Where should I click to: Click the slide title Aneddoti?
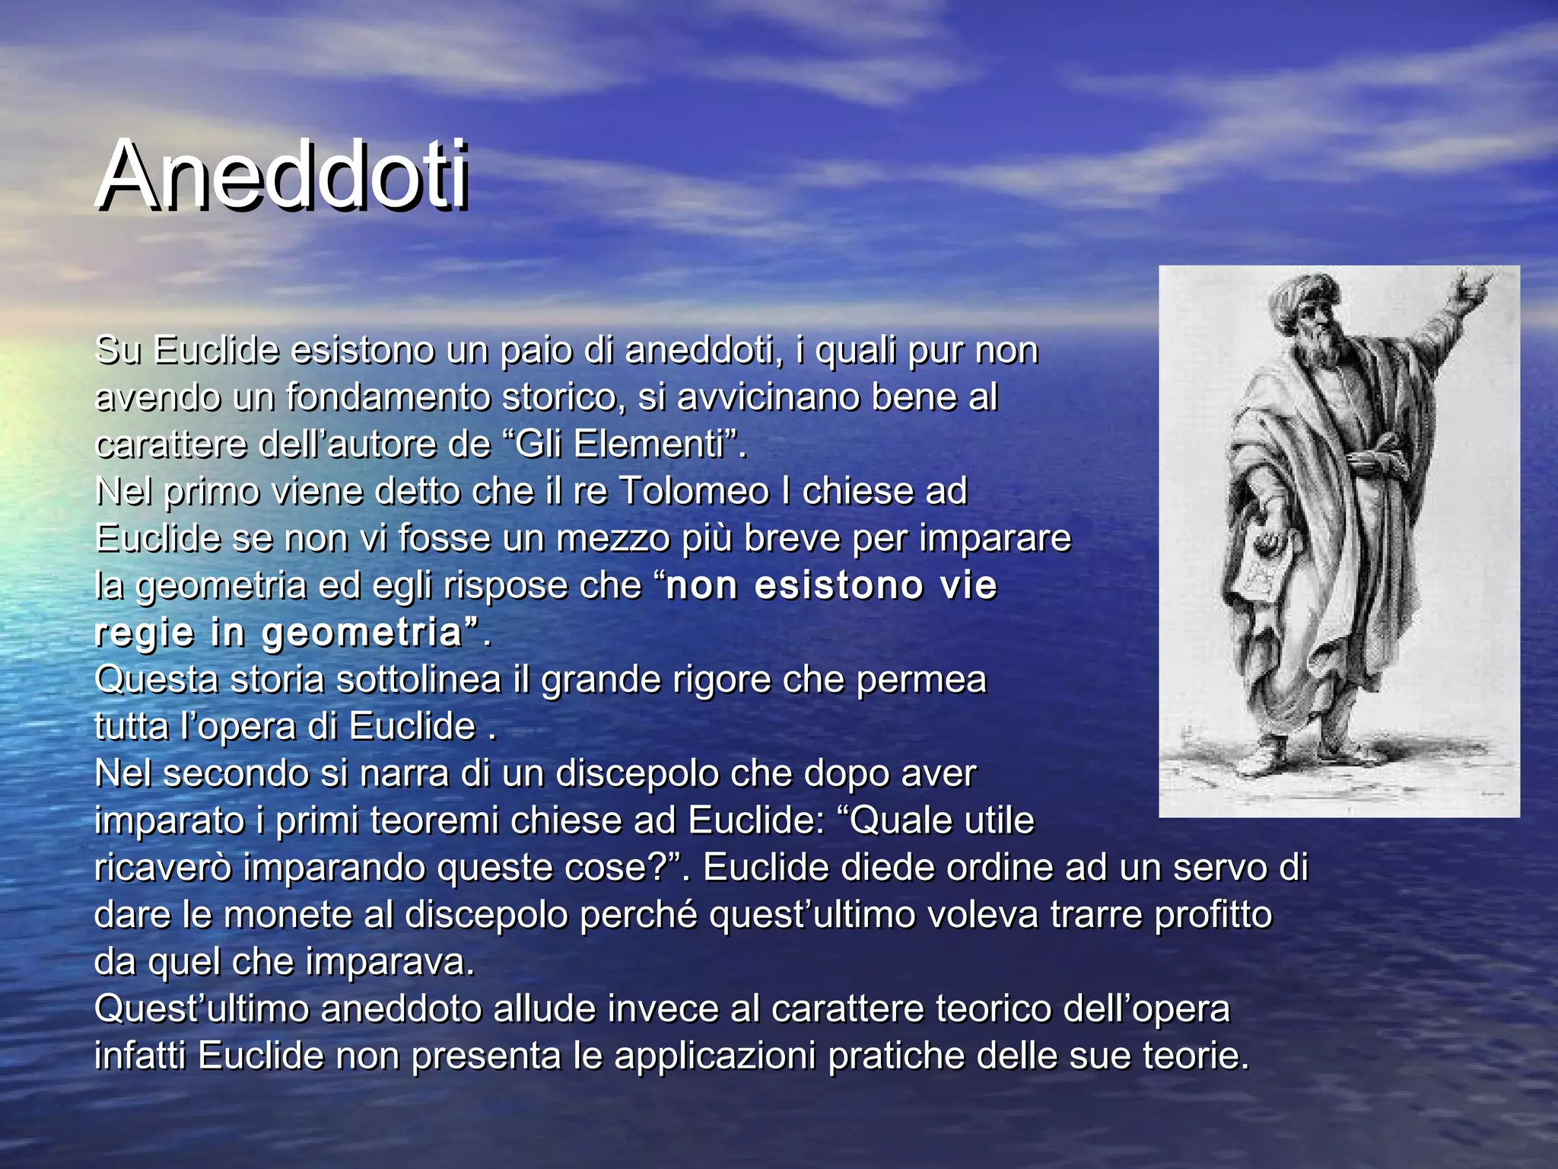[283, 177]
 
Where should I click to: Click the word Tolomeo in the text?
[694, 492]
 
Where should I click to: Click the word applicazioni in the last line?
[715, 1056]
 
